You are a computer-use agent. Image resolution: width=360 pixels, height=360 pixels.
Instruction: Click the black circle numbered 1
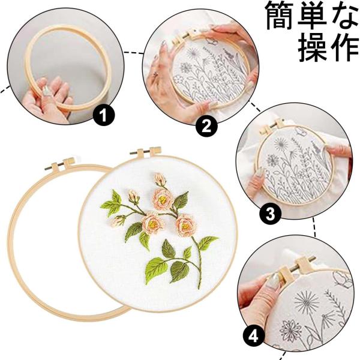[x=104, y=115]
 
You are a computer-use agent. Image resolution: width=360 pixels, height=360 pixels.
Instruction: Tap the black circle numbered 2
[x=206, y=126]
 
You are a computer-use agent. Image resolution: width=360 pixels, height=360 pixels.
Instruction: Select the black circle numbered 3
[x=270, y=214]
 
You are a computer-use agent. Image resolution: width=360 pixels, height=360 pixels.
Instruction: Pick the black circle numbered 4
[x=253, y=337]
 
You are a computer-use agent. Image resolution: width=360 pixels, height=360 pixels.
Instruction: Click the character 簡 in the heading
[x=280, y=16]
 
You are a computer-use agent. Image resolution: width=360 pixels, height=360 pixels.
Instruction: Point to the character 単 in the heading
[x=312, y=16]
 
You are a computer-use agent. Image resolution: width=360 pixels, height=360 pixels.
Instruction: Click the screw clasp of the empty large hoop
[x=60, y=164]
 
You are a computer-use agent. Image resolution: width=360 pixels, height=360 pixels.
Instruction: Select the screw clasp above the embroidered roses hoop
[x=146, y=151]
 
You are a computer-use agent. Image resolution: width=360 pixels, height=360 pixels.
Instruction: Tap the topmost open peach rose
[x=163, y=199]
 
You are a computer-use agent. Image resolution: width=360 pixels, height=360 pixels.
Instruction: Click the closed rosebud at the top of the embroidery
[x=160, y=179]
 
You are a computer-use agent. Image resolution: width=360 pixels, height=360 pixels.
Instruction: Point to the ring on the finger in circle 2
[x=155, y=74]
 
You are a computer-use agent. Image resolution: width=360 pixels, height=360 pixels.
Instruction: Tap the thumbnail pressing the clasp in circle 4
[x=274, y=279]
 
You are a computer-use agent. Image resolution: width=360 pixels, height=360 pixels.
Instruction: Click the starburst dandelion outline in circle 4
[x=307, y=302]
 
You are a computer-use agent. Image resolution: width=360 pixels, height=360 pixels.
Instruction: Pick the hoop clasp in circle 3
[x=272, y=127]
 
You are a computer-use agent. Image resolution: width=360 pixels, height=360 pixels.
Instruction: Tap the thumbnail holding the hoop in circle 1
[x=47, y=91]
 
